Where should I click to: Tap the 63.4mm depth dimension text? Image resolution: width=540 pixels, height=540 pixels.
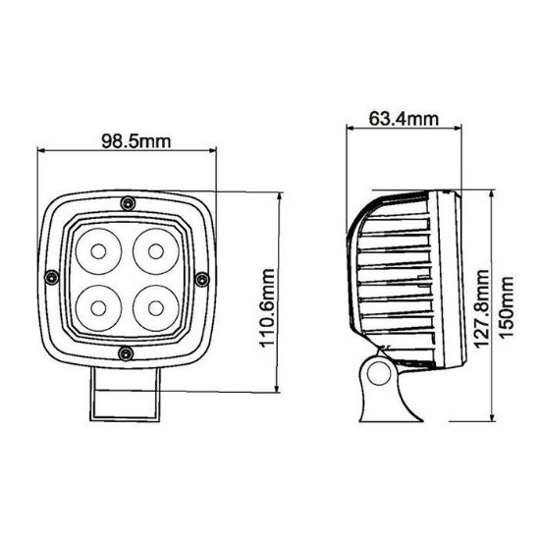(403, 120)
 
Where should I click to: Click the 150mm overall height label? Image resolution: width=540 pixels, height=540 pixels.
(507, 305)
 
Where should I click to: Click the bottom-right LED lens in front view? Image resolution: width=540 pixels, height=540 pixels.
(153, 305)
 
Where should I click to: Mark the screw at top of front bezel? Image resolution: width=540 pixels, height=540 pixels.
(127, 203)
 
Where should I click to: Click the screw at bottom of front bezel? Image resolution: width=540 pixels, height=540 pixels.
(125, 352)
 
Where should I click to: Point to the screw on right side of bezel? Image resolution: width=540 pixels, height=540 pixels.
(201, 280)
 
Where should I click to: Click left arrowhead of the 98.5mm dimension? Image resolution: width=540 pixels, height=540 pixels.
(40, 151)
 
